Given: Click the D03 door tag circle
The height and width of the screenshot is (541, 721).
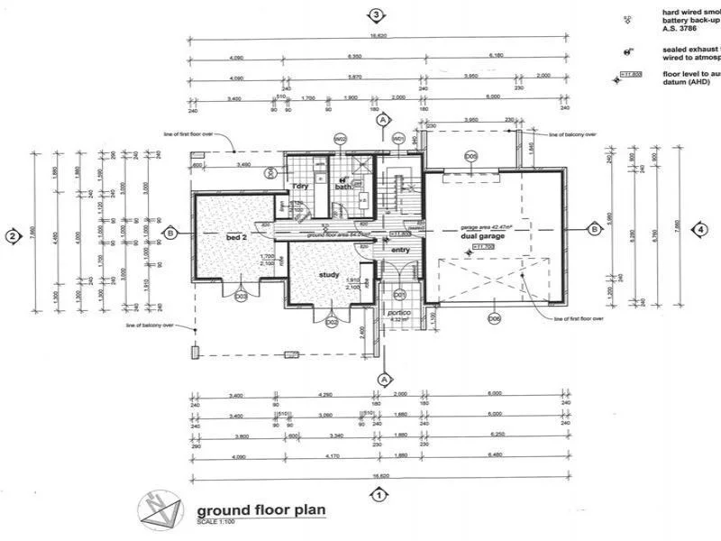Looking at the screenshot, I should [x=241, y=297].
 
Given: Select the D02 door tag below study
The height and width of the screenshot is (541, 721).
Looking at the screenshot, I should [x=332, y=322].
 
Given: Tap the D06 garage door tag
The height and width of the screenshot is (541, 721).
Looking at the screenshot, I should [x=494, y=317].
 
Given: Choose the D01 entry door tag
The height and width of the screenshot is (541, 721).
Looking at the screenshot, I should [x=400, y=295].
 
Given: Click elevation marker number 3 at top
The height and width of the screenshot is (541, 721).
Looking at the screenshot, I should [x=377, y=14].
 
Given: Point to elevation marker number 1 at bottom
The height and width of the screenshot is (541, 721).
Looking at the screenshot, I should [x=379, y=494].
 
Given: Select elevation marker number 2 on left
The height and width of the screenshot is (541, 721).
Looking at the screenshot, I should [x=13, y=237].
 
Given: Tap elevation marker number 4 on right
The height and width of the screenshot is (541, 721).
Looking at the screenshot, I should [x=700, y=229].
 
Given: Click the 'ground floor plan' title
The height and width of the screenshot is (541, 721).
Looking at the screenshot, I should [x=260, y=509].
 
